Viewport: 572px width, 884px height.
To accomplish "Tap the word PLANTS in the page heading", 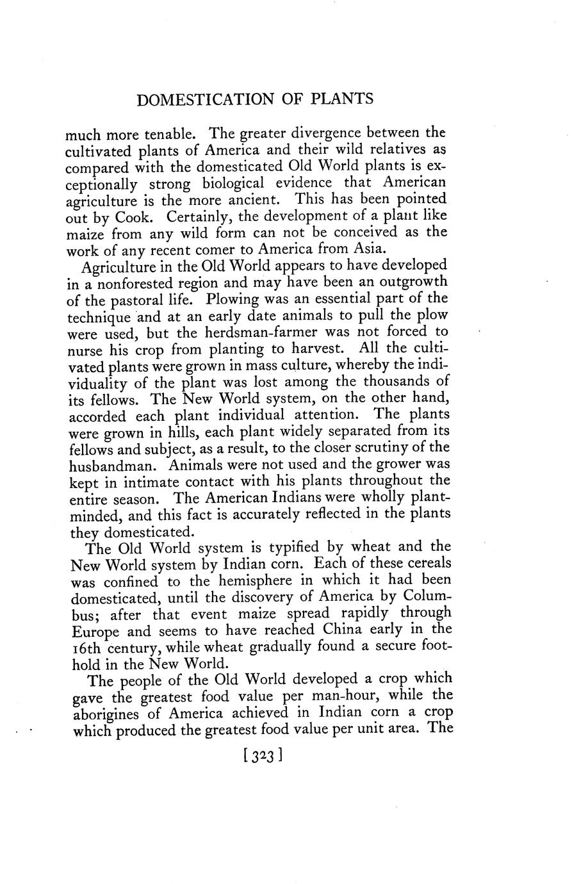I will point(339,100).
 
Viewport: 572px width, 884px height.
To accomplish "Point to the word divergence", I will point(330,134).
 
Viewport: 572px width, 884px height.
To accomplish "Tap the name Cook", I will point(132,217).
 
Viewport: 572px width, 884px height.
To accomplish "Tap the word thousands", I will point(408,382).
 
